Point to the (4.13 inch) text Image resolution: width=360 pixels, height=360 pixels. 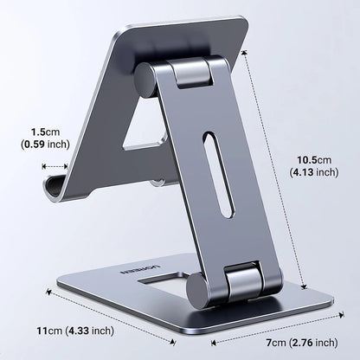[313, 173]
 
